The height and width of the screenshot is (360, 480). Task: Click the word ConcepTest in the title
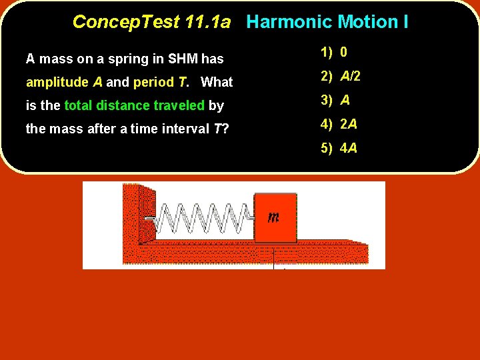pos(125,22)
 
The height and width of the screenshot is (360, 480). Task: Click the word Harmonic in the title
pos(289,22)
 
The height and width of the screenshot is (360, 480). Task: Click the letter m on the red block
pos(273,217)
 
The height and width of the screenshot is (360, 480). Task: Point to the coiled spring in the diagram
pos(203,217)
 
